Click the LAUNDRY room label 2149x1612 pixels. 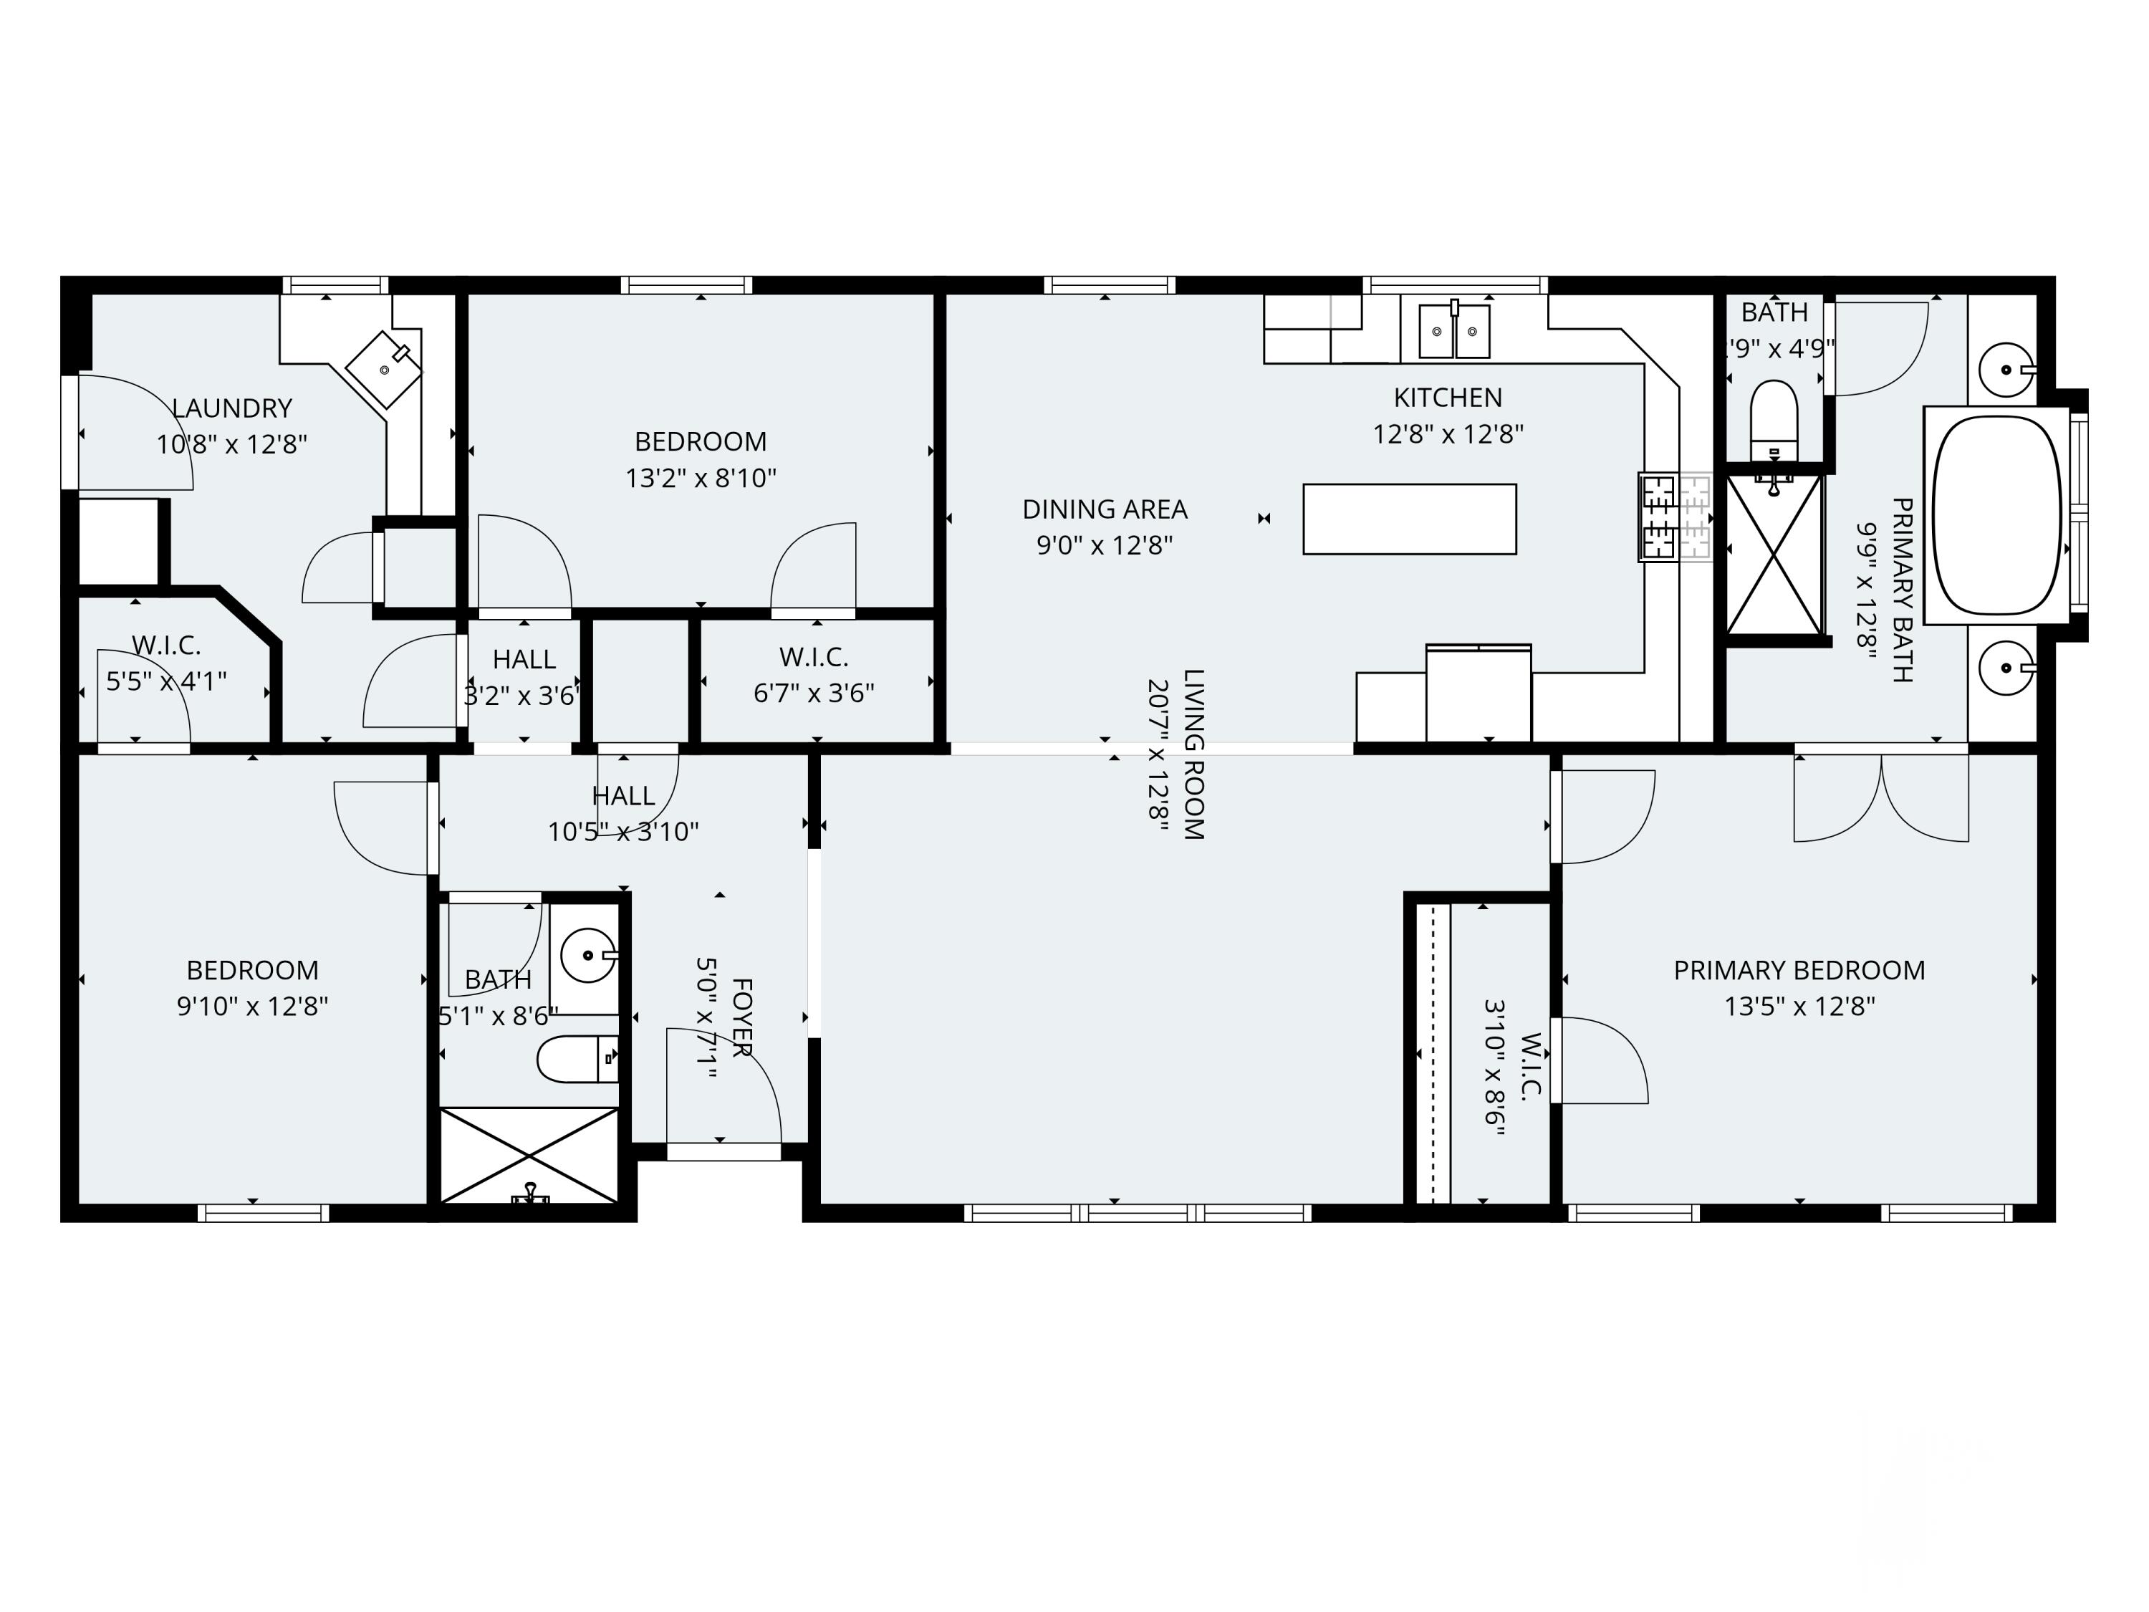(x=231, y=408)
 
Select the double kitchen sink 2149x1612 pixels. (x=1453, y=330)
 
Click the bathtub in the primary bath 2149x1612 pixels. (x=1996, y=515)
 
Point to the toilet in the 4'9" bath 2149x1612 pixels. (x=1773, y=421)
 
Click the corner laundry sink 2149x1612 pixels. (x=384, y=368)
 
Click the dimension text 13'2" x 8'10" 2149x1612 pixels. (x=701, y=478)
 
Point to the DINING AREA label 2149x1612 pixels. (x=1104, y=509)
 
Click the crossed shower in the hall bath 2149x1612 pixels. (x=529, y=1156)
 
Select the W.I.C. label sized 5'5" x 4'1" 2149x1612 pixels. (x=166, y=646)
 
